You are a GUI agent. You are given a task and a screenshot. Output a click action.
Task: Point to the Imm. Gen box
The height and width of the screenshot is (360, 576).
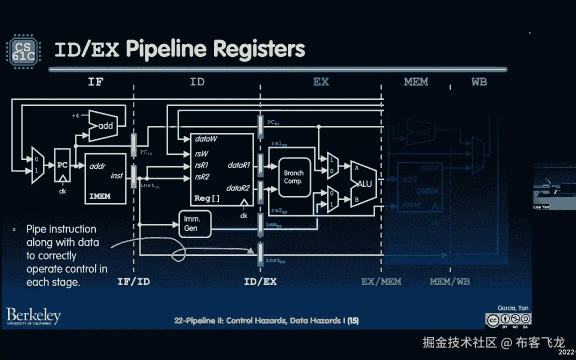pos(191,223)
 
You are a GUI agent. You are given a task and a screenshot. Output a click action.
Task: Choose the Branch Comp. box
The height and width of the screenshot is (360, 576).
pos(293,177)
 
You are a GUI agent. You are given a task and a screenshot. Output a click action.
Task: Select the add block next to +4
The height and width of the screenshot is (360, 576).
pos(105,125)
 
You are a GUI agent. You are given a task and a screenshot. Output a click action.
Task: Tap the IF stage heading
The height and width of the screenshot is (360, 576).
pos(95,81)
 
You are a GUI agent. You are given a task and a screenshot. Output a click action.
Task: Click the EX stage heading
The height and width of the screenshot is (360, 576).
pos(321,81)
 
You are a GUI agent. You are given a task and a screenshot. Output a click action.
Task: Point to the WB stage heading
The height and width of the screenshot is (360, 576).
pos(479,81)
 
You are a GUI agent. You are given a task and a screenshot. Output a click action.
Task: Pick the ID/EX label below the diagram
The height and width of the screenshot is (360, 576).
pos(260,281)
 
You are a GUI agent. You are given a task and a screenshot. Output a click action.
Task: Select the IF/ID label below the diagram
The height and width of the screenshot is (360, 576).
pos(133,281)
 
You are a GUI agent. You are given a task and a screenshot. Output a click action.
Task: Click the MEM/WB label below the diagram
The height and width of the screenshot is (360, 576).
pos(449,281)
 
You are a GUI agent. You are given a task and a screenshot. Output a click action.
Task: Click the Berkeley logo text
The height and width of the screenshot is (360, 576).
pos(33,316)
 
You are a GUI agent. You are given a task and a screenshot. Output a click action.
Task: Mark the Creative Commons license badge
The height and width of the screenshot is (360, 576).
pos(509,319)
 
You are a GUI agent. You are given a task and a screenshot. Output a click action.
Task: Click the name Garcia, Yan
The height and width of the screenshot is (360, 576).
pos(512,308)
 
